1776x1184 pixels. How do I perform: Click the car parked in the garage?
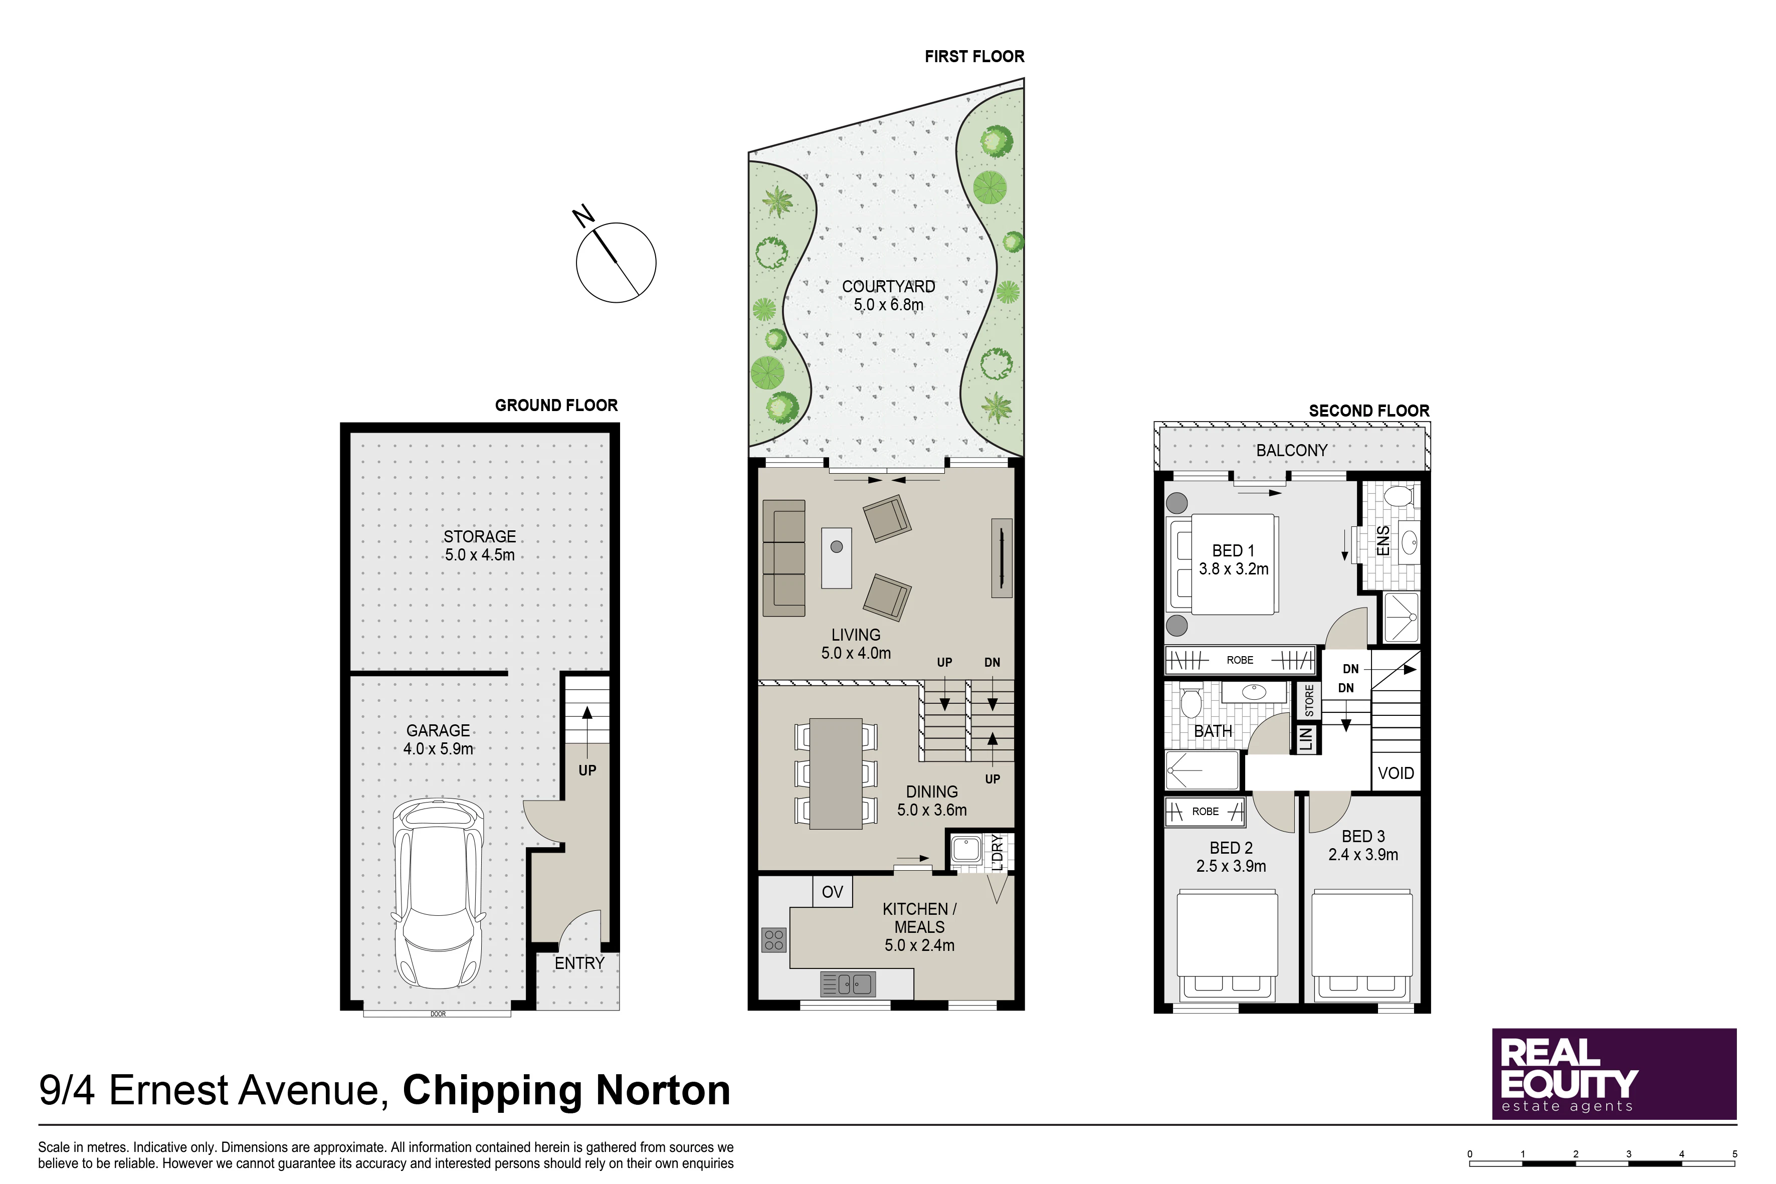coord(438,894)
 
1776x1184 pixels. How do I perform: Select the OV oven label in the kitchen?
coord(832,892)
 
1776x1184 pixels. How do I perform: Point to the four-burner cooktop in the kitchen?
coord(774,940)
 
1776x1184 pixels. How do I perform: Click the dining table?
coord(836,774)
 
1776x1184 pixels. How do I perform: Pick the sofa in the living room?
coord(784,558)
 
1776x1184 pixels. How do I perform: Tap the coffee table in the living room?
coord(837,557)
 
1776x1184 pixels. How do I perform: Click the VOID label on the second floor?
coord(1396,773)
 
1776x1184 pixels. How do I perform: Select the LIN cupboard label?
coord(1306,738)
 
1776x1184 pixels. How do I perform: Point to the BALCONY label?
coord(1291,451)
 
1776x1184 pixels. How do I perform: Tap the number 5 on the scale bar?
coord(1734,1154)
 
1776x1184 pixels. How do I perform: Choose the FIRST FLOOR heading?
coord(974,57)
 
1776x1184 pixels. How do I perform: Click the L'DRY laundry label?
coord(997,853)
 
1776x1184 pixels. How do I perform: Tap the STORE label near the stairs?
coord(1309,701)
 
